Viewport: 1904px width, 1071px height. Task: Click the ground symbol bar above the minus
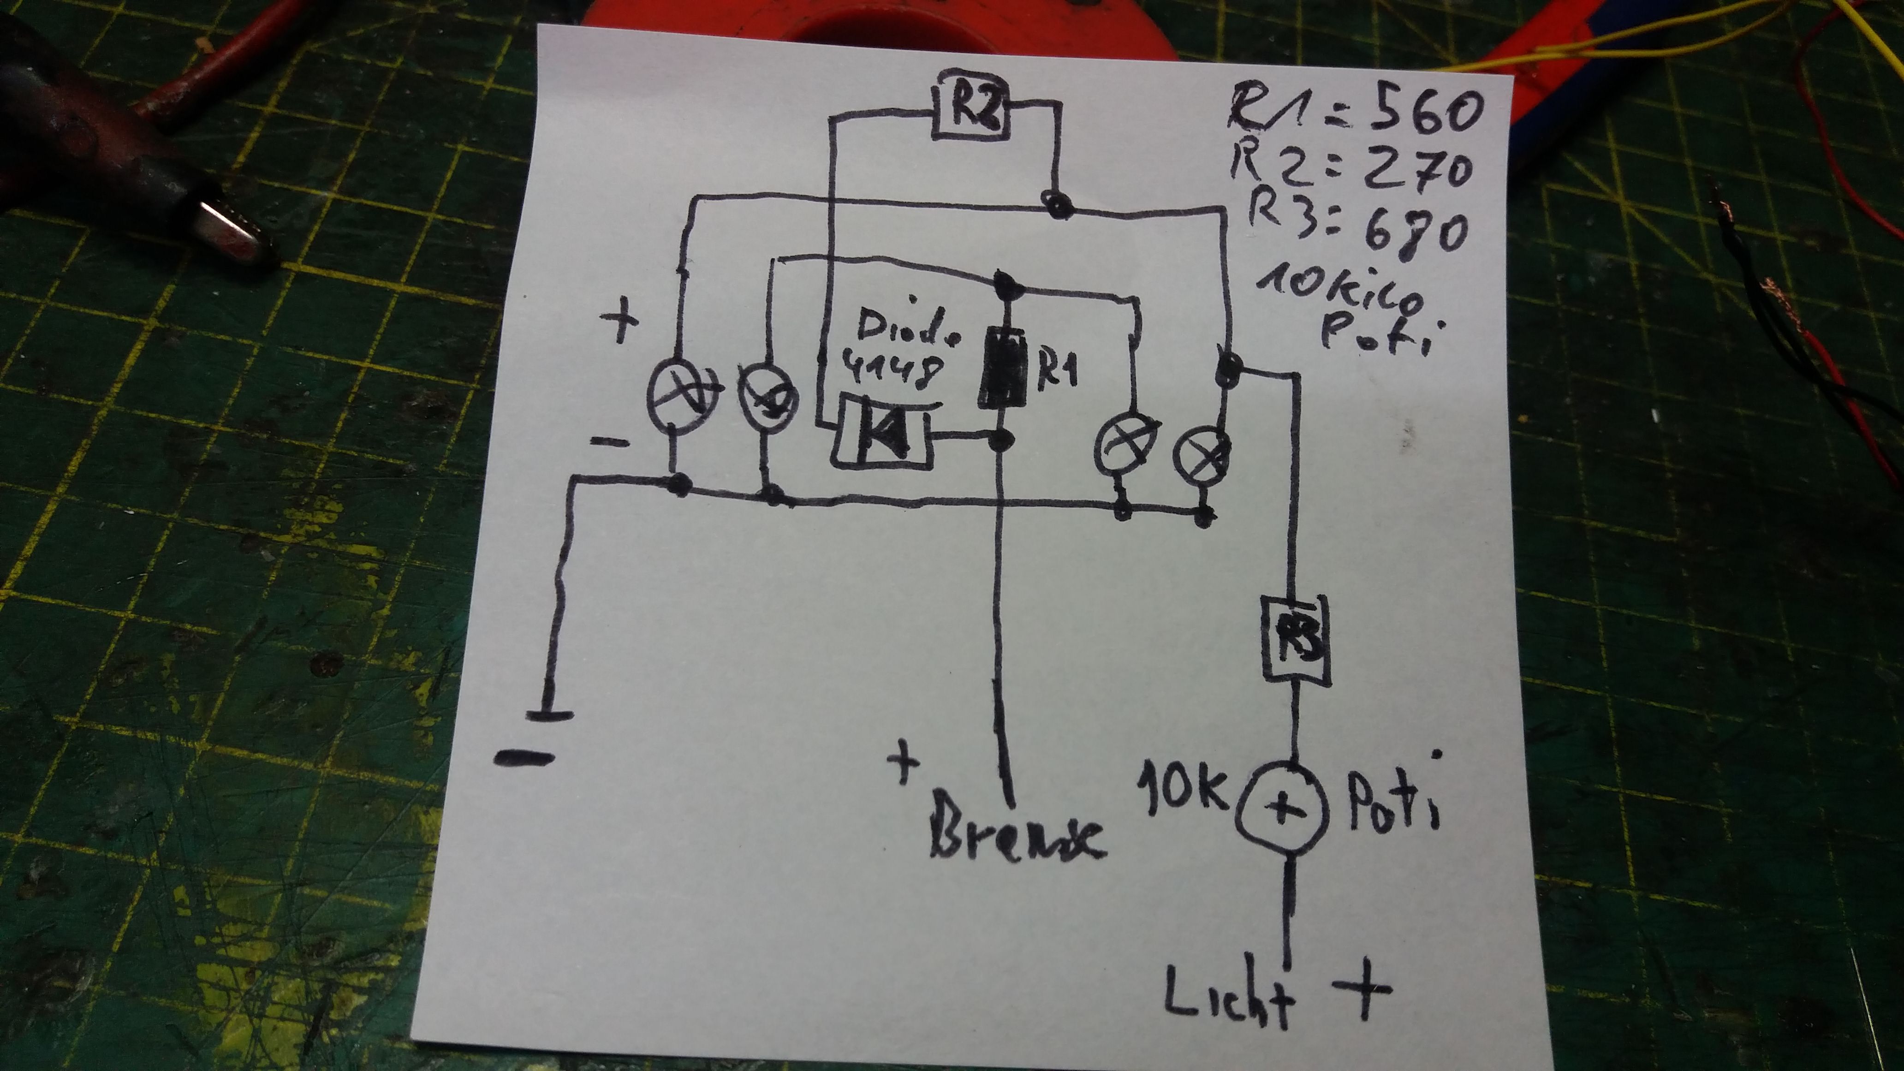click(549, 715)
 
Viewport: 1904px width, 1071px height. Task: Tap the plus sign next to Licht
click(1362, 989)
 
